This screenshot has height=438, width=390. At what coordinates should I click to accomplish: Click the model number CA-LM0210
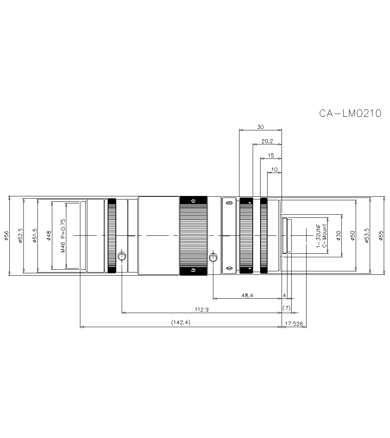[x=350, y=113]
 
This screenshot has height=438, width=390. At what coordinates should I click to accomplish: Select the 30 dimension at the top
[x=260, y=127]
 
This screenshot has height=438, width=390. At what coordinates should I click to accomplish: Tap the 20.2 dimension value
[x=267, y=141]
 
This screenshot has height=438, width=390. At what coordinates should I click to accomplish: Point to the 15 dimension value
[x=271, y=155]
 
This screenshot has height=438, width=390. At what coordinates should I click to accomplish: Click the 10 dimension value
[x=274, y=169]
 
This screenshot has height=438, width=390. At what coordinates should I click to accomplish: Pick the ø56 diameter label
[x=6, y=235]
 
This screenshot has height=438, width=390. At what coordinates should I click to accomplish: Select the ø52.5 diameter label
[x=21, y=235]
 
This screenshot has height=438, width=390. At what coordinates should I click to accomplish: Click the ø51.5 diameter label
[x=35, y=235]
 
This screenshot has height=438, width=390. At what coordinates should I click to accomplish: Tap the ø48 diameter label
[x=49, y=235]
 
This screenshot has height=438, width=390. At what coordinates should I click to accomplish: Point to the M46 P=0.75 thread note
[x=63, y=235]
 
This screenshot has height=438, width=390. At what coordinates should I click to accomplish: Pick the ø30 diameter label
[x=339, y=235]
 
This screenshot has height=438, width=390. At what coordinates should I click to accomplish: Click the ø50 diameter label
[x=353, y=235]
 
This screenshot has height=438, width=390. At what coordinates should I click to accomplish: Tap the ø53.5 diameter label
[x=367, y=235]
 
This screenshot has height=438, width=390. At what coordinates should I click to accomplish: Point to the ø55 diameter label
[x=381, y=235]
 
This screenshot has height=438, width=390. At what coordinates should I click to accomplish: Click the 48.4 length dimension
[x=247, y=296]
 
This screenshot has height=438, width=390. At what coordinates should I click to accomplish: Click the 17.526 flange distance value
[x=294, y=324]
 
